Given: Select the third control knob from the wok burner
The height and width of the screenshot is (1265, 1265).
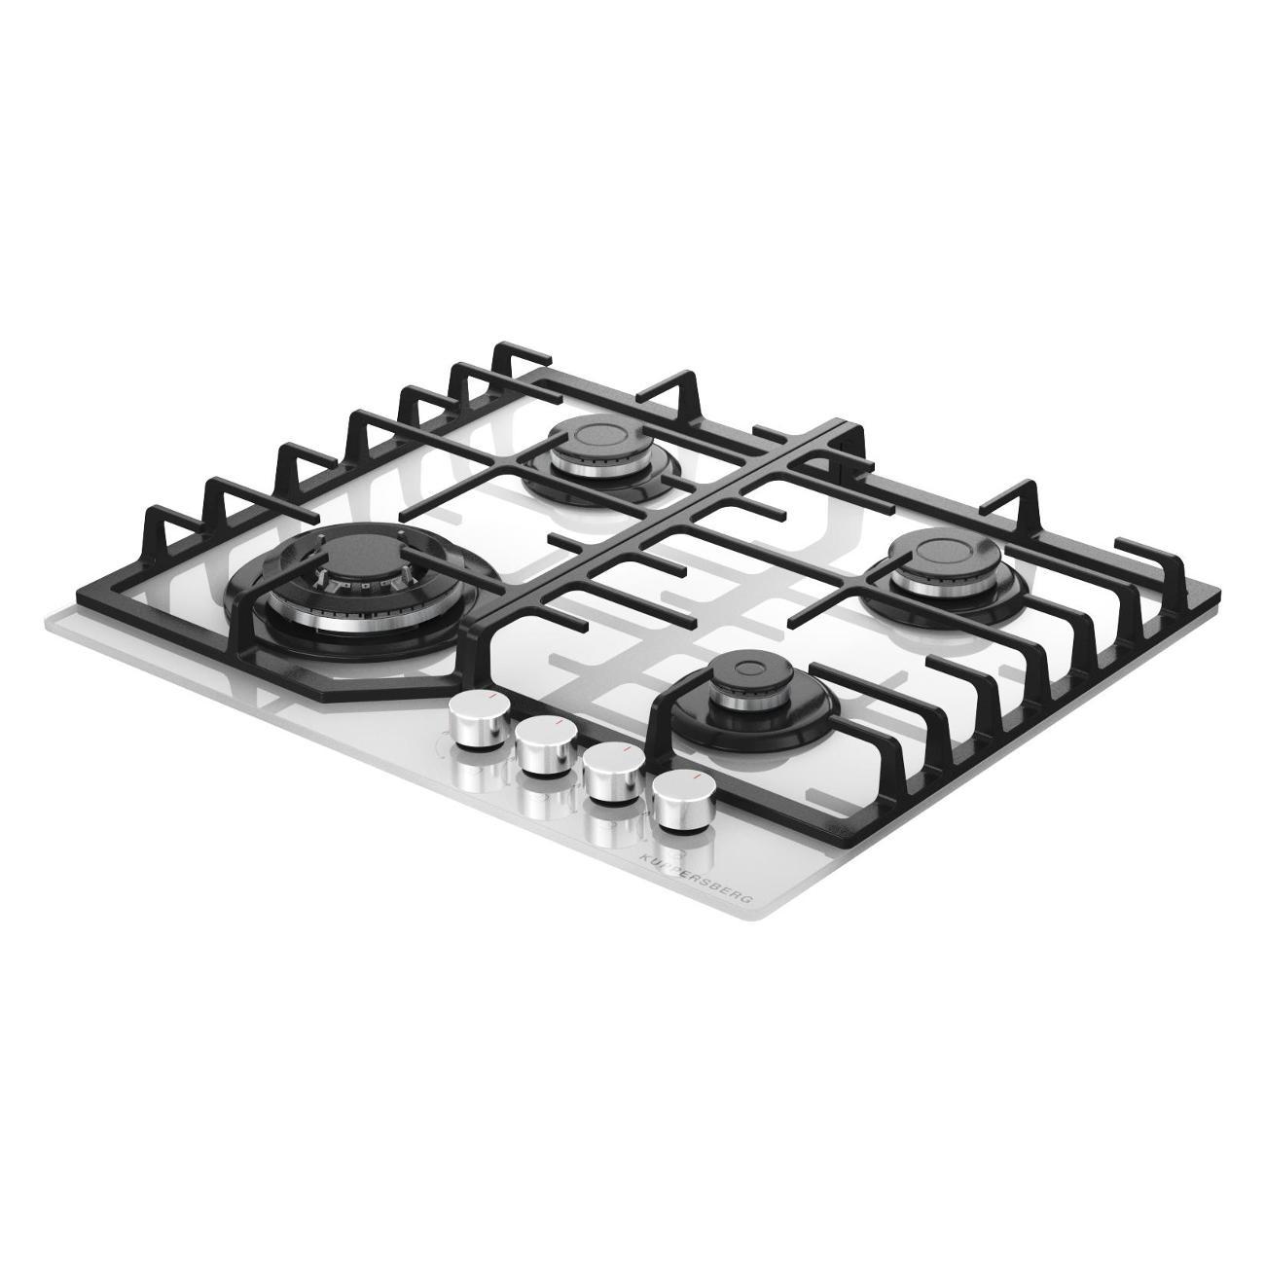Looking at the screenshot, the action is pos(614,775).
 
